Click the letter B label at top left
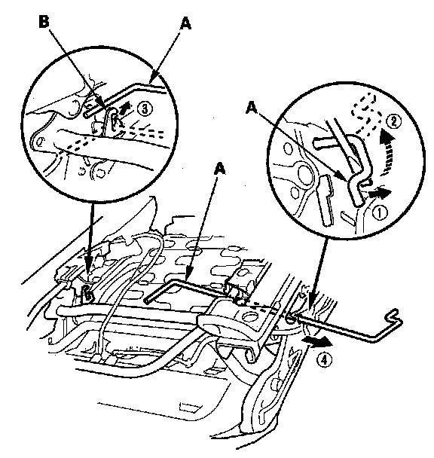pos(44,22)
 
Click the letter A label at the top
pos(185,23)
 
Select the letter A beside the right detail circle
pos(252,108)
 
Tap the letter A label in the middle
pos(220,169)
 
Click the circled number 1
pos(379,212)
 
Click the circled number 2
pos(393,121)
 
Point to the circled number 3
pos(145,109)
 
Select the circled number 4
pos(325,359)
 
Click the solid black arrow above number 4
pos(318,342)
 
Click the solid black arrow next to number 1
pos(380,193)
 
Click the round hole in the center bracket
pos(249,316)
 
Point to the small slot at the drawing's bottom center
pos(188,408)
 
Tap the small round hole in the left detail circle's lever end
pos(39,142)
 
